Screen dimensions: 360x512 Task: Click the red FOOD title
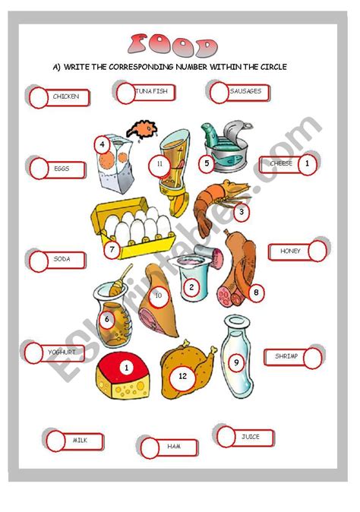pyautogui.click(x=172, y=45)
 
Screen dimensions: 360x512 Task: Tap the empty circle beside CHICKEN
pyautogui.click(x=39, y=98)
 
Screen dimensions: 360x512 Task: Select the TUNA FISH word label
pyautogui.click(x=151, y=91)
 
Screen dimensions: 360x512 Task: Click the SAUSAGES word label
pyautogui.click(x=245, y=91)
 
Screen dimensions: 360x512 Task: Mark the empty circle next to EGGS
pyautogui.click(x=39, y=169)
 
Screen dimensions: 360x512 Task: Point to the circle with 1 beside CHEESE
pyautogui.click(x=307, y=164)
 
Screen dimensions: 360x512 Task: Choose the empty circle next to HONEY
pyautogui.click(x=317, y=251)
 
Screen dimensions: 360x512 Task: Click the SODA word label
pyautogui.click(x=62, y=259)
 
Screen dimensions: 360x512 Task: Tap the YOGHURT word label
pyautogui.click(x=62, y=352)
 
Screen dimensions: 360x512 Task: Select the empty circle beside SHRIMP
pyautogui.click(x=313, y=358)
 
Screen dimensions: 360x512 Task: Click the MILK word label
pyautogui.click(x=80, y=440)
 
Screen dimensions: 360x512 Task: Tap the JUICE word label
pyautogui.click(x=251, y=437)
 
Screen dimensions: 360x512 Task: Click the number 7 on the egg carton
pyautogui.click(x=112, y=250)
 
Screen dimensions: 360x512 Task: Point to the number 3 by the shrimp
pyautogui.click(x=242, y=212)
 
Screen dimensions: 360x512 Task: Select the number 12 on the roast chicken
pyautogui.click(x=182, y=376)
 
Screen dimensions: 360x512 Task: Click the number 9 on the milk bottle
pyautogui.click(x=236, y=362)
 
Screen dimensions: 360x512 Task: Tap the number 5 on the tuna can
pyautogui.click(x=207, y=163)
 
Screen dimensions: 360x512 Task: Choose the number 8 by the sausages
pyautogui.click(x=256, y=292)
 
